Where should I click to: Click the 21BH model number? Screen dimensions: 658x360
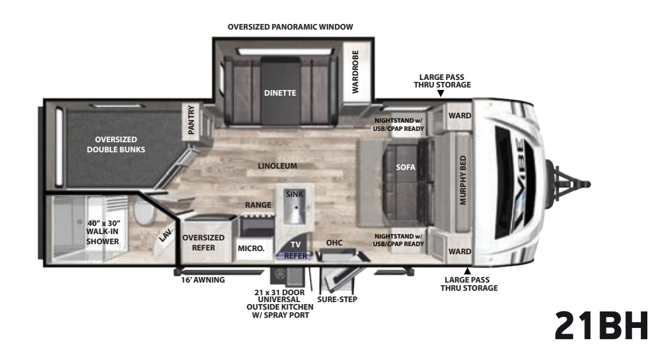tap(601, 325)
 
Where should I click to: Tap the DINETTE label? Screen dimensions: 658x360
tap(280, 93)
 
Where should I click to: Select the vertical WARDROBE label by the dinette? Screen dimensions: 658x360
tap(355, 71)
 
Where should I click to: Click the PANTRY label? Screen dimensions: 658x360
tap(191, 120)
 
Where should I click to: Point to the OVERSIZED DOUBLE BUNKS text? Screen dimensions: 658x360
tap(116, 144)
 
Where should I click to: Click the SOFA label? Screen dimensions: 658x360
tap(406, 167)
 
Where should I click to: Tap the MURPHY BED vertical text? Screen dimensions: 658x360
tap(463, 180)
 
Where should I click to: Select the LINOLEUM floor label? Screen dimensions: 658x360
tap(278, 166)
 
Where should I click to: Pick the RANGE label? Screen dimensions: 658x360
tap(258, 205)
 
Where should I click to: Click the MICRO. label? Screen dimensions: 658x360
tap(251, 249)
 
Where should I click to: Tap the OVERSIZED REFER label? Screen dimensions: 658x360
tap(203, 242)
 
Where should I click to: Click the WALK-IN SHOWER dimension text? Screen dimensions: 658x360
tap(103, 232)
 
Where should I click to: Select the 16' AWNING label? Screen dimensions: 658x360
tap(203, 280)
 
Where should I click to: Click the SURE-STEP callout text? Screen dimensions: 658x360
tap(337, 299)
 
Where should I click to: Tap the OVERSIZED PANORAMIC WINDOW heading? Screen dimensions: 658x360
tap(290, 27)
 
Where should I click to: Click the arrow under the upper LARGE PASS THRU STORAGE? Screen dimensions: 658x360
tap(441, 94)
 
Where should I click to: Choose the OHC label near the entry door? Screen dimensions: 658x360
tap(334, 242)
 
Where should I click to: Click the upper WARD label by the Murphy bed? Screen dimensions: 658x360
tap(460, 115)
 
